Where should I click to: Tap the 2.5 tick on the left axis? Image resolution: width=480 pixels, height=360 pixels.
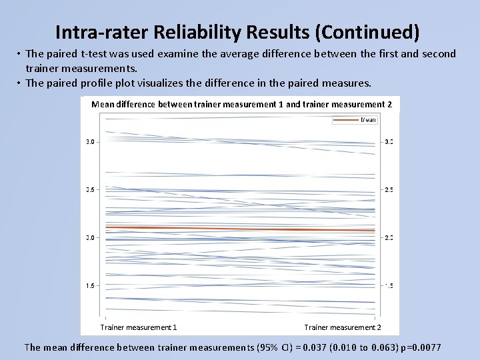(x=90, y=190)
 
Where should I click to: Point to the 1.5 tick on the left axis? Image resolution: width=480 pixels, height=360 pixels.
(x=90, y=286)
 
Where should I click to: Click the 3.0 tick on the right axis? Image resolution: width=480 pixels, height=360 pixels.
(x=389, y=142)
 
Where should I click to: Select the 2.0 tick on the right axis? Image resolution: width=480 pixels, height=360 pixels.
(x=389, y=238)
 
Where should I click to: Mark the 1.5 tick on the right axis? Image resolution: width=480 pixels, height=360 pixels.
(x=389, y=286)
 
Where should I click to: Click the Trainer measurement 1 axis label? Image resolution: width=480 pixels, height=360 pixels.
(x=139, y=327)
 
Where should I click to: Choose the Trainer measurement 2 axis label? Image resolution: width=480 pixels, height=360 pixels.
(x=343, y=327)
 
